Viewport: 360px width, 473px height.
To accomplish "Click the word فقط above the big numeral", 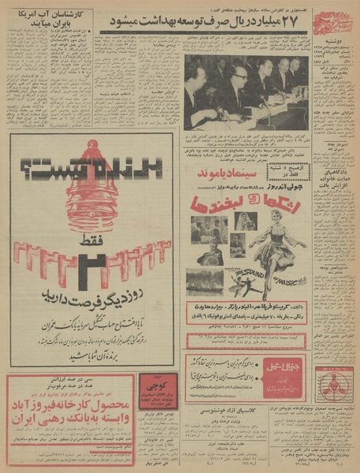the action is (x=88, y=250).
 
